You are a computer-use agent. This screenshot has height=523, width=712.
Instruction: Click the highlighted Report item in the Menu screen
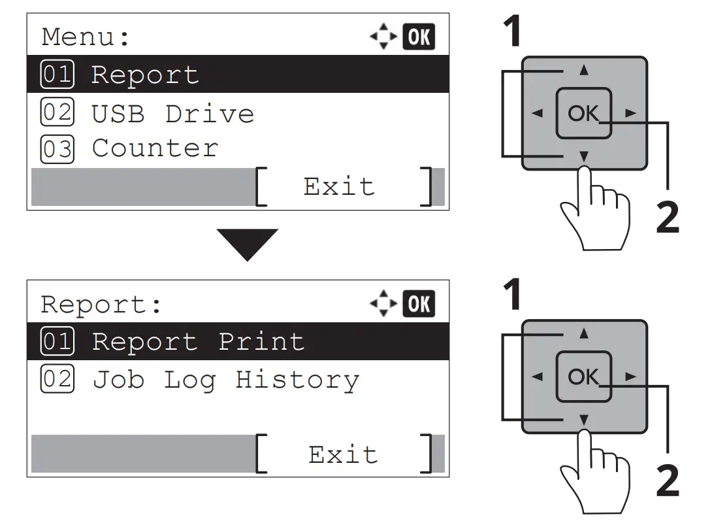click(145, 75)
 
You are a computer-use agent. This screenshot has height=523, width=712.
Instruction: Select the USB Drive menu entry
click(172, 114)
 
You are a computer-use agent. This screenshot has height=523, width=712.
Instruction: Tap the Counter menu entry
click(155, 148)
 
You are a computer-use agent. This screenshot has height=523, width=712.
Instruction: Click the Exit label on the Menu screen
click(339, 187)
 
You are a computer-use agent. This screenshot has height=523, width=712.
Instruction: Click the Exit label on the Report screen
click(343, 454)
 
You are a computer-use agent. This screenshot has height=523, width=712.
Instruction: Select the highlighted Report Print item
click(198, 341)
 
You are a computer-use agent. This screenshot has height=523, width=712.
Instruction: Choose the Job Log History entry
click(225, 380)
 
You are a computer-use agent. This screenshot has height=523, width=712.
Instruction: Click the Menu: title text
click(86, 37)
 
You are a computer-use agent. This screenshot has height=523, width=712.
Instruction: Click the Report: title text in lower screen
click(101, 305)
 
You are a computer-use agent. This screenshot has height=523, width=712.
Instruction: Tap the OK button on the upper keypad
click(583, 114)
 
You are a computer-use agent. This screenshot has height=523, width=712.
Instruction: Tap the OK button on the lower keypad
click(583, 377)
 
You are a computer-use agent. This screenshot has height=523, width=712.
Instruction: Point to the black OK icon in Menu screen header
click(419, 37)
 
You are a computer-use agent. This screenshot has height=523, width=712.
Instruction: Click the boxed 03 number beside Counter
click(57, 149)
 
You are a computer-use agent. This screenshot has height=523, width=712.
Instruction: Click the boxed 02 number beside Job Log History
click(57, 380)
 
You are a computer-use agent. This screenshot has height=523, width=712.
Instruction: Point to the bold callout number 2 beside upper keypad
click(667, 218)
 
